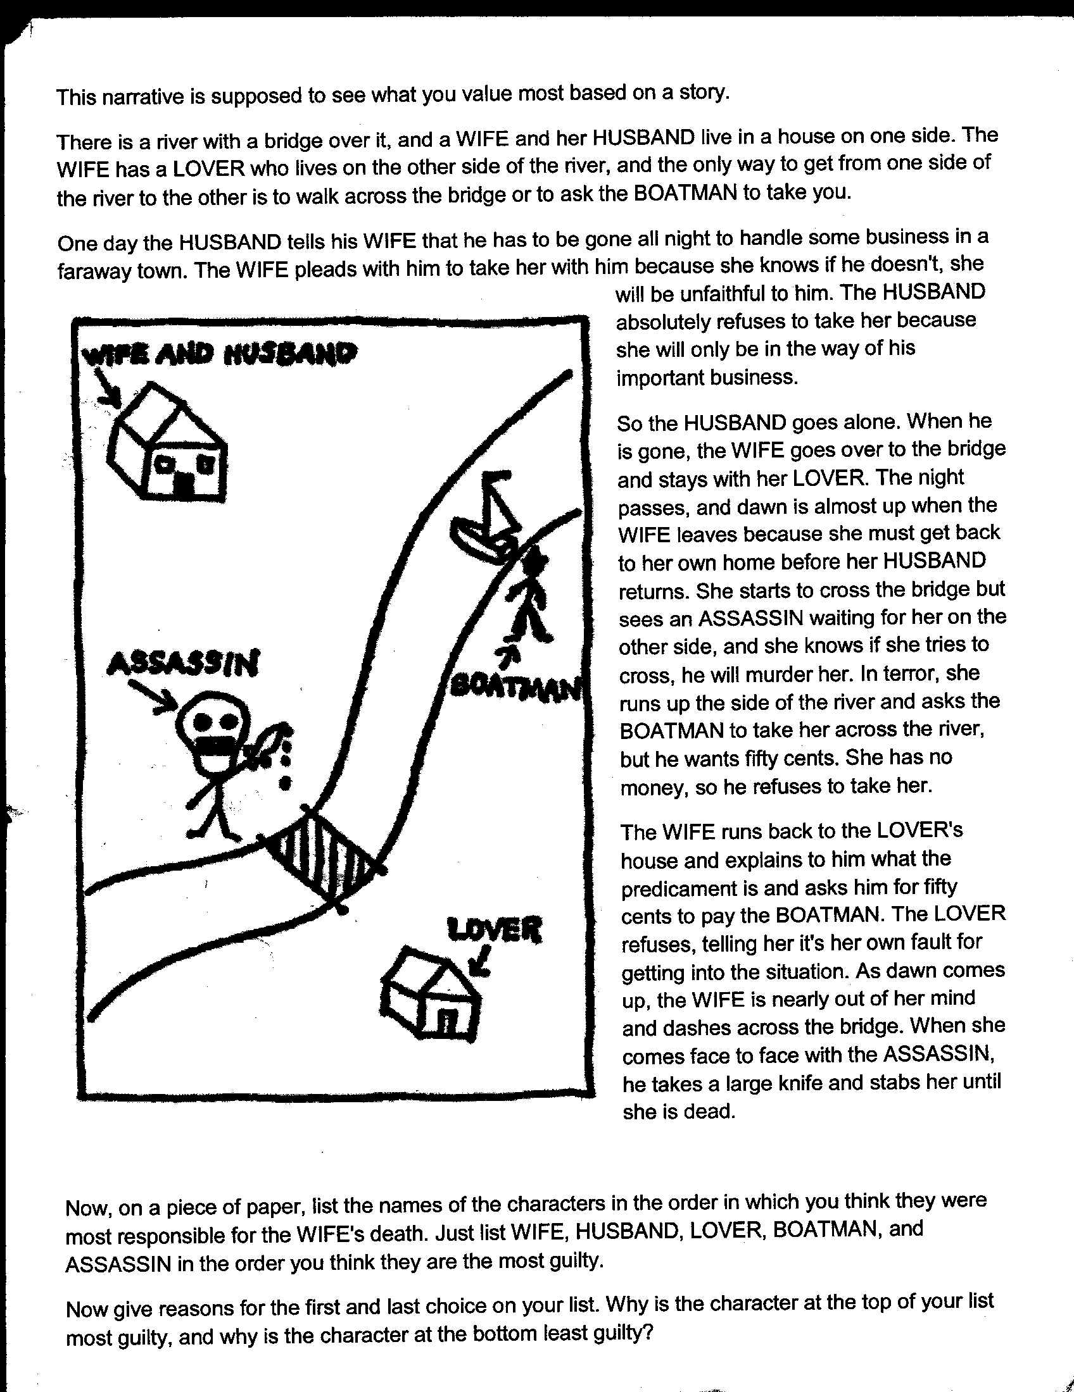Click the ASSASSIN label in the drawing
point(184,664)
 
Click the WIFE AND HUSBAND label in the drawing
point(220,354)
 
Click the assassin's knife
point(265,745)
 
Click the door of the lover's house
point(448,1022)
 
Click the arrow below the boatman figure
point(510,654)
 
